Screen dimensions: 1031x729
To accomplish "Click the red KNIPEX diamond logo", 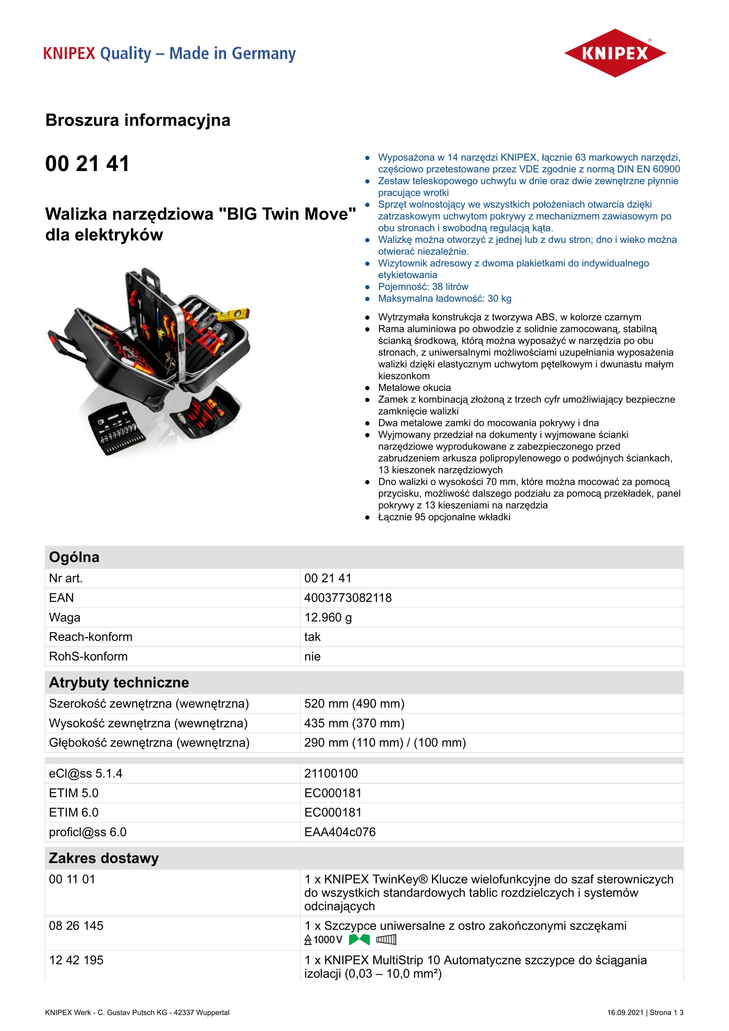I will tap(614, 53).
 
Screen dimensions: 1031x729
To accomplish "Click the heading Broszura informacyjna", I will tap(138, 120).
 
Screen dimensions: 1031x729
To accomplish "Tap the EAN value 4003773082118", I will tap(347, 598).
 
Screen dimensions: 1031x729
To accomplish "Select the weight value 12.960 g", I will tap(327, 618).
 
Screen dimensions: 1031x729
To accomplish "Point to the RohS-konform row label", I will tap(88, 656).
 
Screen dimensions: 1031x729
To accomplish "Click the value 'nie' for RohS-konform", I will tap(312, 656).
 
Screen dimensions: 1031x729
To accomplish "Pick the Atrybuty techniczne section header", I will tap(119, 682).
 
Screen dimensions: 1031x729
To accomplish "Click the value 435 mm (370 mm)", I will tap(354, 723).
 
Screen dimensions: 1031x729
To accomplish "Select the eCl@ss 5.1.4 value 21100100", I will tap(331, 773).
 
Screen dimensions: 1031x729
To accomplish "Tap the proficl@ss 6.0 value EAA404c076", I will tap(340, 832).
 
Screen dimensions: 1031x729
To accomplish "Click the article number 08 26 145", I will tap(76, 926).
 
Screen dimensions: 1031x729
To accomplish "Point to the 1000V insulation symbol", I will tap(323, 939).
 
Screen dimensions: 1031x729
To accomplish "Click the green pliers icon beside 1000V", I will tap(359, 939).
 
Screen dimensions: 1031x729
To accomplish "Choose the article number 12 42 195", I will tap(76, 960).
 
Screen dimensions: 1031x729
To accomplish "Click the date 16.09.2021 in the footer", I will tap(625, 1012).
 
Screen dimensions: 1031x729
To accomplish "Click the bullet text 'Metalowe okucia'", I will tap(414, 387).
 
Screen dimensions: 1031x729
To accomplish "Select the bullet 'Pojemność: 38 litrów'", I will tap(423, 287).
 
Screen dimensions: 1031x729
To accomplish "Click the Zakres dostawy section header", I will tap(104, 858).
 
